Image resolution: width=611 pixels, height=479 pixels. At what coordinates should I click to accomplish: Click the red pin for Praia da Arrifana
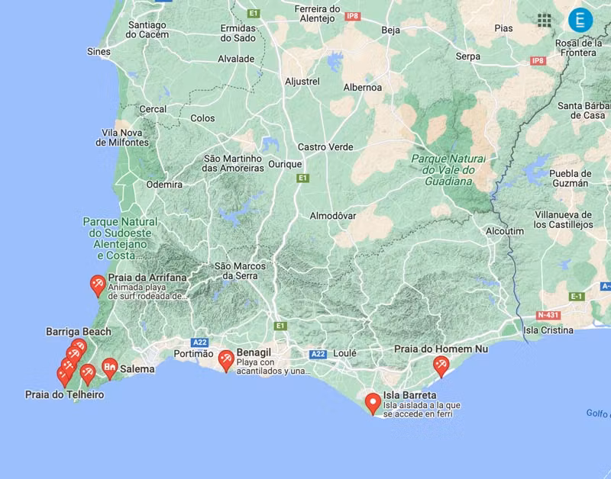click(98, 285)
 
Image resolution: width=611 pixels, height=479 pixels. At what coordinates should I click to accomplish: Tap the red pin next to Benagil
click(226, 359)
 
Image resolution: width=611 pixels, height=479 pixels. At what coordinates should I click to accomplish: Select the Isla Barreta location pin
click(373, 401)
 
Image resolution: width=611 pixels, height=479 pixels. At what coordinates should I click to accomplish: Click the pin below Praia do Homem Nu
click(440, 365)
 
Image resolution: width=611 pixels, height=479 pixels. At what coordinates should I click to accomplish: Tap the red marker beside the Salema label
click(110, 368)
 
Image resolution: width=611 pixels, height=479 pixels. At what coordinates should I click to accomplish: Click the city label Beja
click(390, 31)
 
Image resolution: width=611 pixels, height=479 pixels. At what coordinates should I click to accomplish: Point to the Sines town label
click(99, 52)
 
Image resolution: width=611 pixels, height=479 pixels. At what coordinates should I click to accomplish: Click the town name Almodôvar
click(333, 216)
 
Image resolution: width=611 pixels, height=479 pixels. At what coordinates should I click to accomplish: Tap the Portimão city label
click(194, 354)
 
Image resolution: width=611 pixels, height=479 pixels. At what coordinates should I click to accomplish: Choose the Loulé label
click(345, 354)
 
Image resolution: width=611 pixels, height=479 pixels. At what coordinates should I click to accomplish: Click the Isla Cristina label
click(548, 330)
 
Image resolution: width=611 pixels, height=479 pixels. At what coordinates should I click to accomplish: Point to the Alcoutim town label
click(505, 231)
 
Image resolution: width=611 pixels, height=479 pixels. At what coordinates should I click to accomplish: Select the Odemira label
click(164, 185)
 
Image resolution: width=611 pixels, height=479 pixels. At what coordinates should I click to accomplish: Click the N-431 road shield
click(548, 314)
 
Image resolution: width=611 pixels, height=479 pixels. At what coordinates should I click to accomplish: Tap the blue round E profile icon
click(580, 20)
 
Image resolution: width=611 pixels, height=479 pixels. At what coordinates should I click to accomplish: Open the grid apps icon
click(545, 21)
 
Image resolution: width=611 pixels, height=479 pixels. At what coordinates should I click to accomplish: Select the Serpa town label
click(468, 56)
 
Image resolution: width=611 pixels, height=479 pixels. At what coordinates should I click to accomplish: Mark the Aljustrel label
click(302, 81)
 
